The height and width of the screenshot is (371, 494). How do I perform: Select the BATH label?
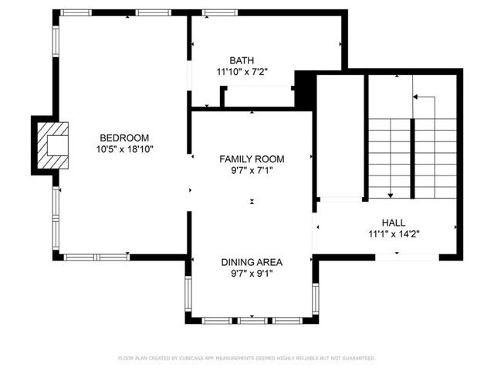[x=241, y=60]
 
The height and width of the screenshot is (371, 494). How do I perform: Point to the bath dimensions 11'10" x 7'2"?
[x=241, y=72]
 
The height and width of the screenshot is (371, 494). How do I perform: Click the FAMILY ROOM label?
[x=252, y=158]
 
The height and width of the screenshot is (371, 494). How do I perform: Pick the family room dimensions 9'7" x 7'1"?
[x=252, y=170]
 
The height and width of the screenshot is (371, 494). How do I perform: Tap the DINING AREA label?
[x=252, y=261]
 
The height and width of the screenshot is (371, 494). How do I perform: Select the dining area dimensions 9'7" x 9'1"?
[x=252, y=273]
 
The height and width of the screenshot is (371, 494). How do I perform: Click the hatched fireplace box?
[x=54, y=144]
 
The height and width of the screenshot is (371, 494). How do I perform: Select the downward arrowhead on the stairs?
[x=391, y=196]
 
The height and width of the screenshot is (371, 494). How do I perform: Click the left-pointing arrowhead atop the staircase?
[x=415, y=97]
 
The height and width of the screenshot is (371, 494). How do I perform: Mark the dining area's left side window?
[x=188, y=294]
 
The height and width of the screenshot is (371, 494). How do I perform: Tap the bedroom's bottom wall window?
[x=96, y=256]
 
